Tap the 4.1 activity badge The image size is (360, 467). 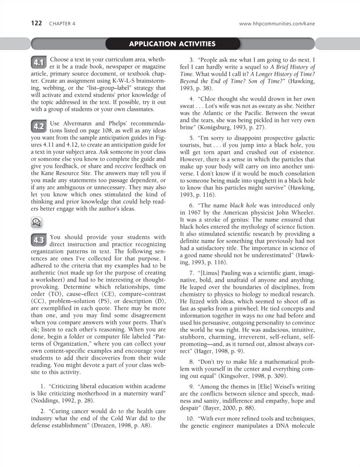coord(39,63)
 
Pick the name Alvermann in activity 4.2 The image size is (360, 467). coord(85,123)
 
